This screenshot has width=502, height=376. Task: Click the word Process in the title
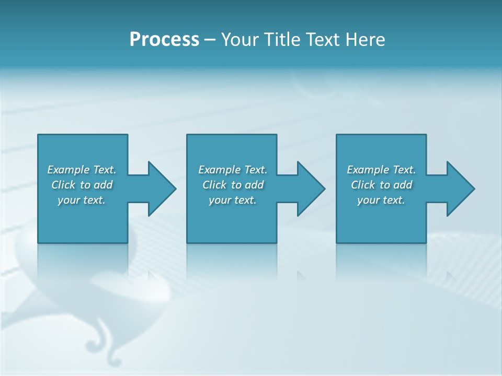pos(164,39)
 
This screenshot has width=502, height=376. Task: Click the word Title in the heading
pos(282,39)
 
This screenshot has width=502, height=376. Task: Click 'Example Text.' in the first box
pos(82,170)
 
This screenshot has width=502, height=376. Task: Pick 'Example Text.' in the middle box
pos(233,170)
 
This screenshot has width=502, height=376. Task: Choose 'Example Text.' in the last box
pos(381,170)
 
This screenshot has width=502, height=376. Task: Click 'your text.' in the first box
pos(82,200)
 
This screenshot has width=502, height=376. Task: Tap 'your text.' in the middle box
pos(233,200)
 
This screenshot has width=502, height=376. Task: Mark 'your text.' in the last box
pos(381,200)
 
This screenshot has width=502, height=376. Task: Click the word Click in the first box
pos(63,185)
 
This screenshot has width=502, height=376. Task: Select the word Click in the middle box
pos(214,185)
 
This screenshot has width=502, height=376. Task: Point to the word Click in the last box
pos(363,185)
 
